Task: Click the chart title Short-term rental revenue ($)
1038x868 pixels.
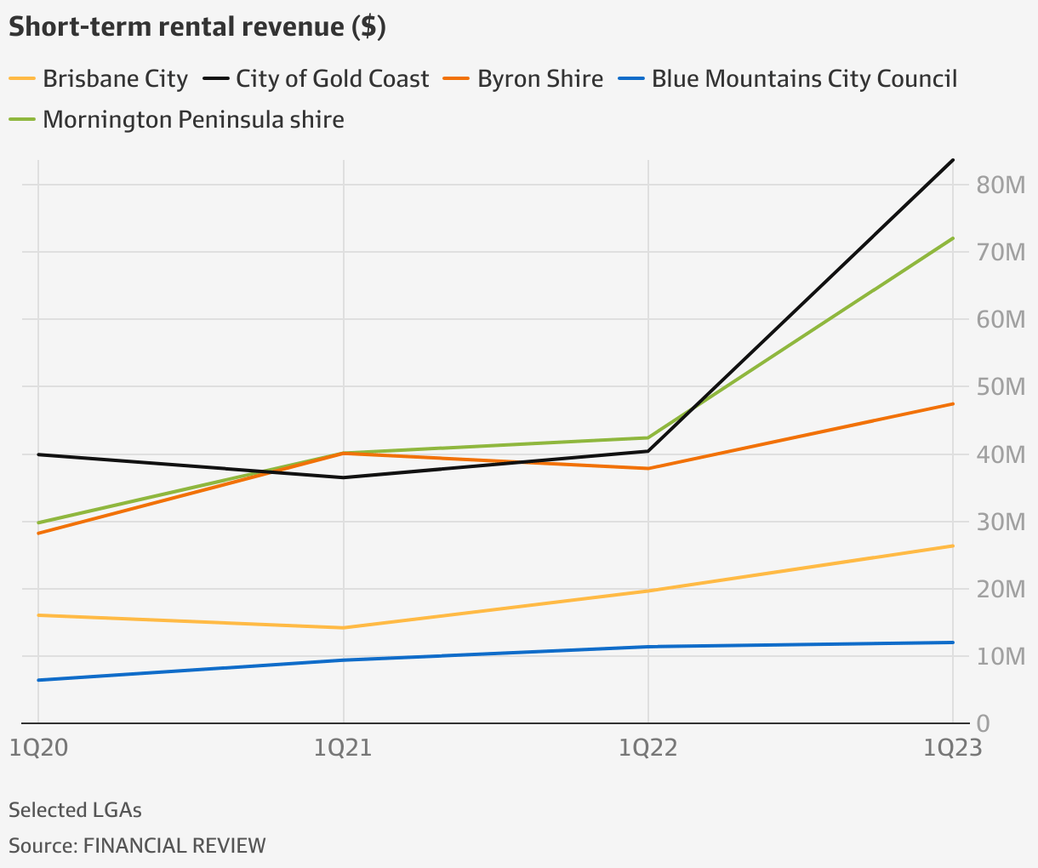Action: [x=197, y=27]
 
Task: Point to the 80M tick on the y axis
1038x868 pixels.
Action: [x=1000, y=185]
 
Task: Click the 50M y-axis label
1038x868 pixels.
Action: [x=1000, y=386]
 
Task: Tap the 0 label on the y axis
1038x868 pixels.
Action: [x=984, y=723]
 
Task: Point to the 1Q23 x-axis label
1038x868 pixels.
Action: [x=953, y=747]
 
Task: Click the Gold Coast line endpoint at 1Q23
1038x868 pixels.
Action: [x=953, y=160]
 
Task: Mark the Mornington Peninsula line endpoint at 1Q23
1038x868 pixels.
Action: [x=953, y=238]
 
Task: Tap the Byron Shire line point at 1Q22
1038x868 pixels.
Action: [x=648, y=468]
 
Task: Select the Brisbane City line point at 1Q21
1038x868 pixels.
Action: [x=343, y=628]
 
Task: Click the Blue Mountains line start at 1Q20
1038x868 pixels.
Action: [x=38, y=680]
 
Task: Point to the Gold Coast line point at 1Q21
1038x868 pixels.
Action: [x=343, y=477]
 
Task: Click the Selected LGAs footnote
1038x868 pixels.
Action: [x=75, y=809]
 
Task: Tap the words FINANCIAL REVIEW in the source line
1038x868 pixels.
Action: [x=174, y=846]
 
